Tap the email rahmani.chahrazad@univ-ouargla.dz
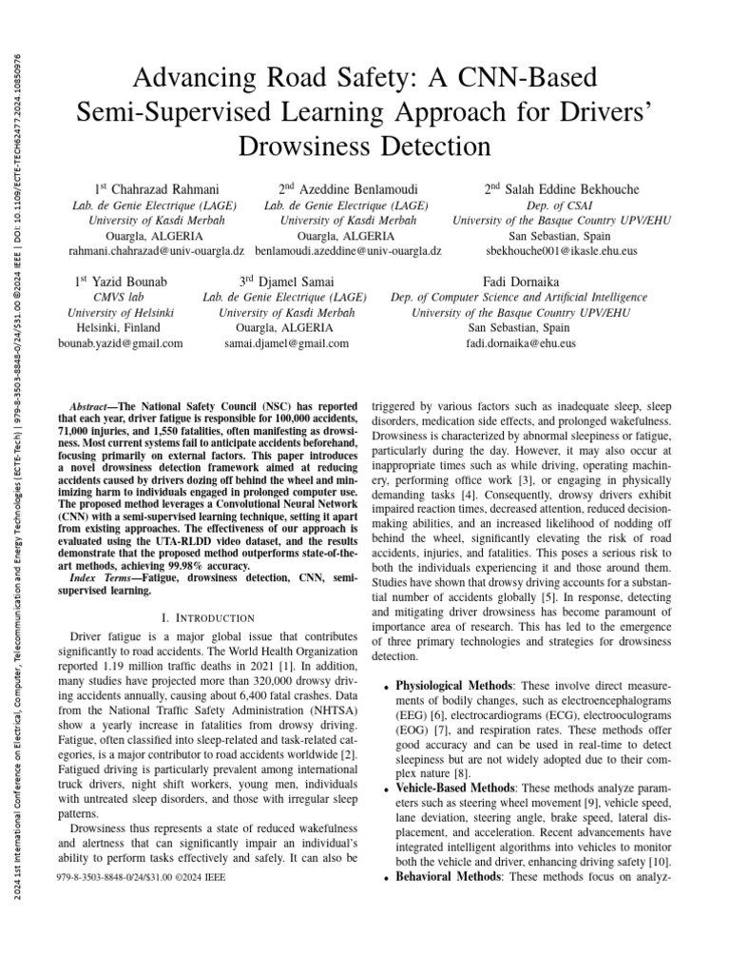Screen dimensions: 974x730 coord(157,250)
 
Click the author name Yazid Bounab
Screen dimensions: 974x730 coord(131,282)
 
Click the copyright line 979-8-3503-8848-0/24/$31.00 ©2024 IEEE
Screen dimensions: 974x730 coord(142,876)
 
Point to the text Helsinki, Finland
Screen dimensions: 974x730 coord(123,328)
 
